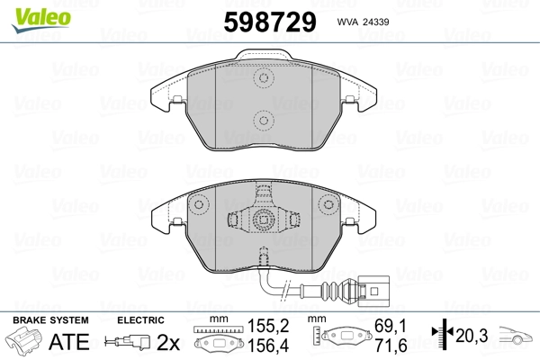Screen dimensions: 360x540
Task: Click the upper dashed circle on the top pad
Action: pyautogui.click(x=263, y=79)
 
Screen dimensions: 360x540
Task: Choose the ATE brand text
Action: pyautogui.click(x=69, y=342)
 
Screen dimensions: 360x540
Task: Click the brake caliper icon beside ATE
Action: pyautogui.click(x=25, y=343)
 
